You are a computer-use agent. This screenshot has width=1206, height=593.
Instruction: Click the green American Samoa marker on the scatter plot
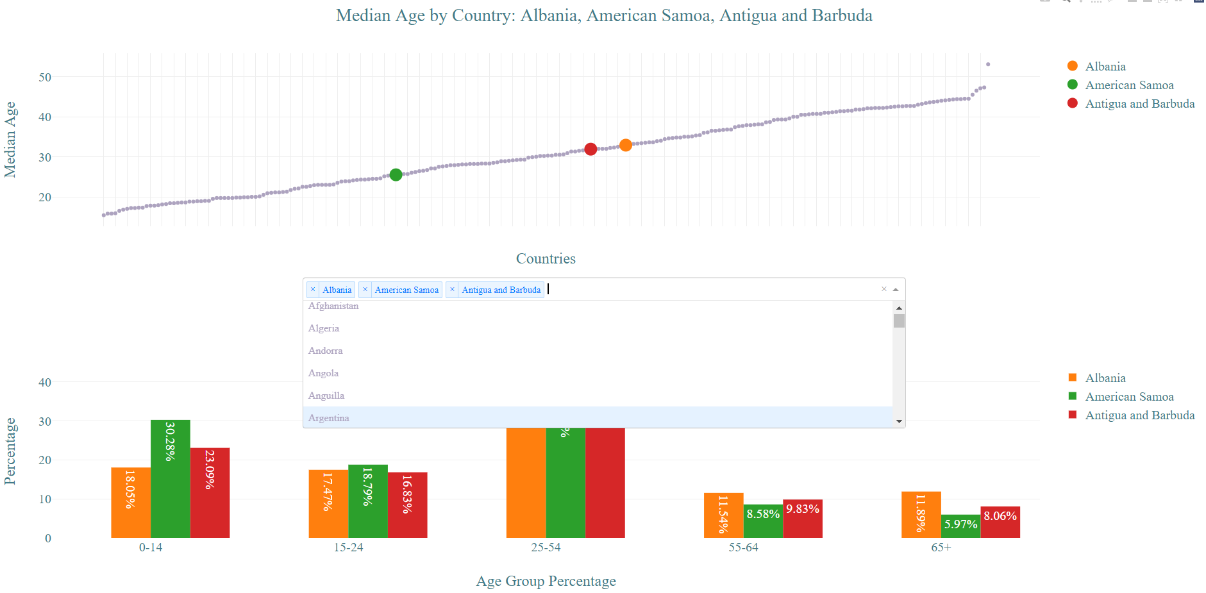[396, 175]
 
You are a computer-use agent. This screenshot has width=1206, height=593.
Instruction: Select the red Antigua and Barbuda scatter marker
[590, 149]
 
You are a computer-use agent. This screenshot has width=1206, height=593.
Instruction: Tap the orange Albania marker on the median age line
[626, 146]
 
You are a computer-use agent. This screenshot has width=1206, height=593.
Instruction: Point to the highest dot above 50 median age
[988, 64]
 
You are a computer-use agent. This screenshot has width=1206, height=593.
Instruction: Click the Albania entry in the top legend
[1105, 67]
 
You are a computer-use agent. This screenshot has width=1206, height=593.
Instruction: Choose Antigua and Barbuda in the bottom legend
[1139, 415]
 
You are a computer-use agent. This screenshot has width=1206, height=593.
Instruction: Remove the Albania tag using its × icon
[313, 290]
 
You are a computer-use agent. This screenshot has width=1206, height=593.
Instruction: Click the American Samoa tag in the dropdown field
[406, 290]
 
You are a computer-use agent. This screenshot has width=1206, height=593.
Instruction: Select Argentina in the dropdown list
[329, 418]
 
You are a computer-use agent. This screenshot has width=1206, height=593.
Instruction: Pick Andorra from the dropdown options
[326, 351]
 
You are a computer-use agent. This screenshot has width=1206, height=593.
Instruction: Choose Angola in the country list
[324, 373]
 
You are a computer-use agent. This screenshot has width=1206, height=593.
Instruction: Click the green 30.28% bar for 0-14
[170, 478]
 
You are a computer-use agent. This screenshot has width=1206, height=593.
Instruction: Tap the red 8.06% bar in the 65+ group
[1000, 522]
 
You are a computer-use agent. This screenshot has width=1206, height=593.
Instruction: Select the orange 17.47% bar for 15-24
[328, 503]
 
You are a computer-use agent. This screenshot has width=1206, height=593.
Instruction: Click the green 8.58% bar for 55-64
[763, 521]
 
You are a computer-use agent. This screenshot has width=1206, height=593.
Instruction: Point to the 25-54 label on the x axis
[546, 547]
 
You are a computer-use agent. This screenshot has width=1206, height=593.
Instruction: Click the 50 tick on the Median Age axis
[45, 78]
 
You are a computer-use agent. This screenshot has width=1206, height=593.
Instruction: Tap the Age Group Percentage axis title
[546, 581]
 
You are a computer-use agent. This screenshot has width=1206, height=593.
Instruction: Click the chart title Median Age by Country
[603, 15]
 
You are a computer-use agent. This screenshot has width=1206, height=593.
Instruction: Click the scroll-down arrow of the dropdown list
[899, 421]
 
